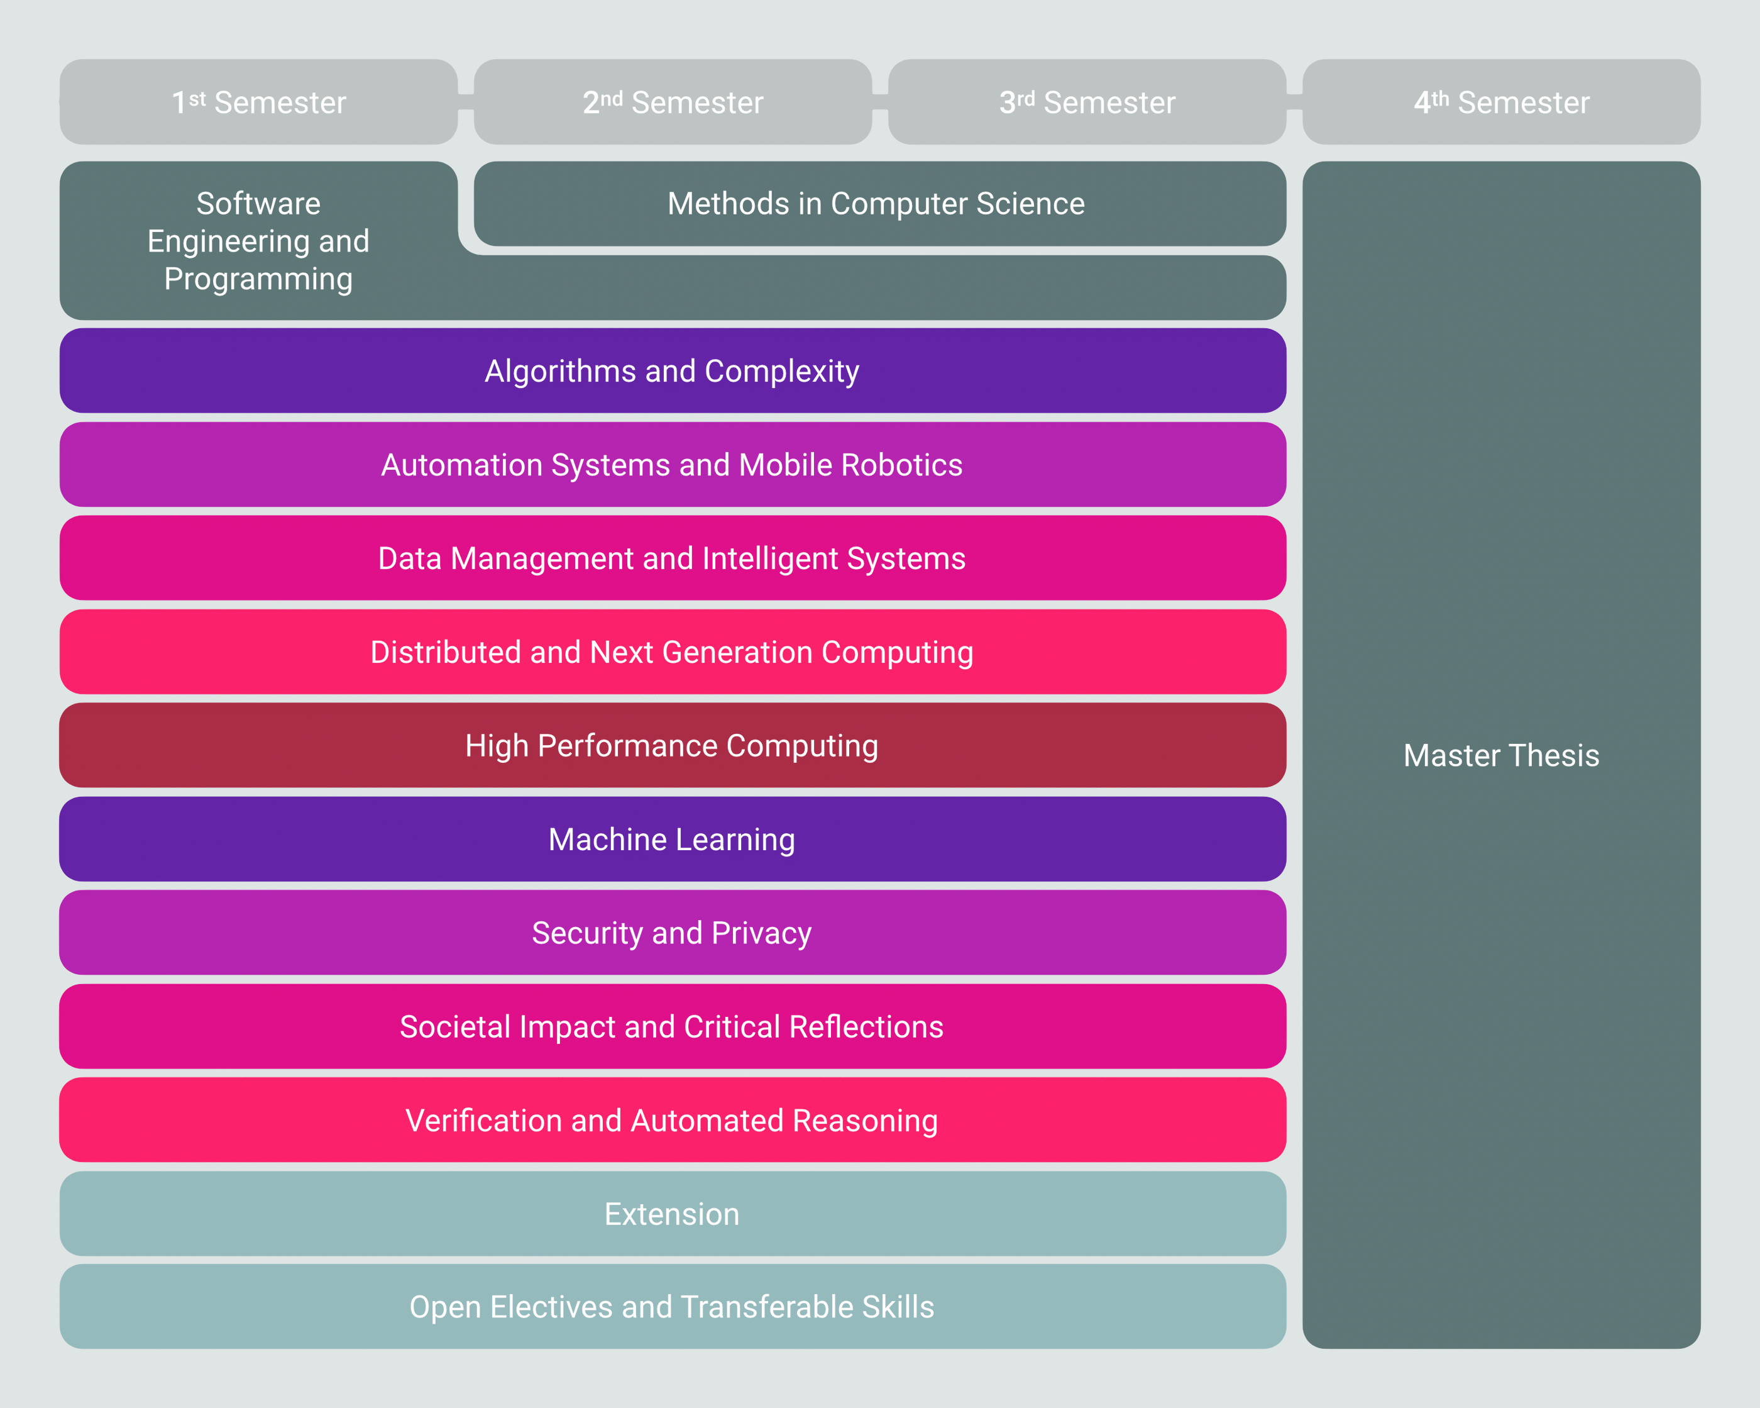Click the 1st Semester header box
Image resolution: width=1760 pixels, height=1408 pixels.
tap(259, 102)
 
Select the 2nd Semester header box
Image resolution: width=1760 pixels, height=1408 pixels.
tap(673, 102)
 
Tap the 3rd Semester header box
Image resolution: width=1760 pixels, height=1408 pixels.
tap(1087, 102)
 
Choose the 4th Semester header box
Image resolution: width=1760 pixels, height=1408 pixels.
tap(1501, 102)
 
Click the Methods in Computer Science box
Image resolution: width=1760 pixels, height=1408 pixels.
tap(880, 203)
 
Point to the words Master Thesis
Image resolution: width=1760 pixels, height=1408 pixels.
tap(1501, 755)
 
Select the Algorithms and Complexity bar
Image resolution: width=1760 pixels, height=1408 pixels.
tap(673, 371)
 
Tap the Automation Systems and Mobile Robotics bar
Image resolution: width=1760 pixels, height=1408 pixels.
tap(673, 465)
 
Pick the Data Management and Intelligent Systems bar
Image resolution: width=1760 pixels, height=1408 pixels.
tap(673, 558)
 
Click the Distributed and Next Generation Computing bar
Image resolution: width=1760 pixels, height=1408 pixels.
tap(673, 651)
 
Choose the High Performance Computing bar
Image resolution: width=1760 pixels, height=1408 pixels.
tap(673, 746)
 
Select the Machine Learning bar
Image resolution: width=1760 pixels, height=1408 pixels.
tap(673, 839)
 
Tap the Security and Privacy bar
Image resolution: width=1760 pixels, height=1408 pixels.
tap(673, 933)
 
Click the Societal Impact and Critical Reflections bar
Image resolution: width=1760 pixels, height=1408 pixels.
tap(673, 1026)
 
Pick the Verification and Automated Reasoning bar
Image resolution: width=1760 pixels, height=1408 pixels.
tap(673, 1120)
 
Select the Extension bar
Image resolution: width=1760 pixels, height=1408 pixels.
tap(673, 1214)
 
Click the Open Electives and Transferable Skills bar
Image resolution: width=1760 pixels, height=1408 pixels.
tap(673, 1307)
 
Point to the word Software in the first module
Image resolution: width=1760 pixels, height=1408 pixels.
tap(259, 203)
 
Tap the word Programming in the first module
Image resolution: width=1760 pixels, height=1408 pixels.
tap(259, 279)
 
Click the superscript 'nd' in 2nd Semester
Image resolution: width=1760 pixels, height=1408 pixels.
tap(612, 98)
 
